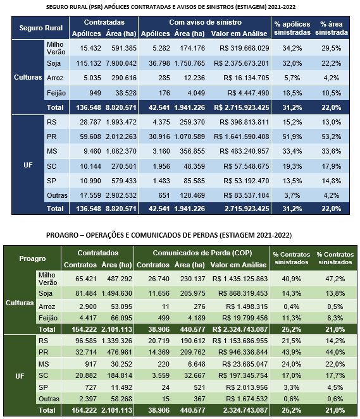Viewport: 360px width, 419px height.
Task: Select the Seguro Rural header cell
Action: coord(40,28)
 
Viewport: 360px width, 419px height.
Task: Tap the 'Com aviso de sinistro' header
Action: coord(205,22)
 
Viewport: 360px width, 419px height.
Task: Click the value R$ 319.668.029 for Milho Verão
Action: coord(244,48)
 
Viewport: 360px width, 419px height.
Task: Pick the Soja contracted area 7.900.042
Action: coord(121,63)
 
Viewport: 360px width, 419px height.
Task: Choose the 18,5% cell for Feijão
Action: coord(292,93)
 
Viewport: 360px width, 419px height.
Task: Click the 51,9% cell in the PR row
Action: coord(292,137)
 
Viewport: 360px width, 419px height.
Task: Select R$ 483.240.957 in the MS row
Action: coord(244,151)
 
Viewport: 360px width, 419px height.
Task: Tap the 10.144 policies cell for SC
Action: coord(90,166)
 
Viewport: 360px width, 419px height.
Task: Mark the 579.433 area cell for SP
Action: coord(124,181)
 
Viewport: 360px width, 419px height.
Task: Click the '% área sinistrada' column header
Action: coord(332,28)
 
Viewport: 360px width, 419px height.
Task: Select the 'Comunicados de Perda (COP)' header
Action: coord(202,253)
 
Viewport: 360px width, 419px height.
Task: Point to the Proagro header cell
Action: coord(32,258)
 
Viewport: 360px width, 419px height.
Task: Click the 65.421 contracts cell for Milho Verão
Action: coord(86,279)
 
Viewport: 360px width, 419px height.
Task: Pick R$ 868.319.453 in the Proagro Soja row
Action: coord(242,293)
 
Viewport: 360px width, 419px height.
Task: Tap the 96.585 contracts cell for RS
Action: coord(86,341)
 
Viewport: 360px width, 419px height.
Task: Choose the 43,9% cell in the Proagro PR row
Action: coord(291,352)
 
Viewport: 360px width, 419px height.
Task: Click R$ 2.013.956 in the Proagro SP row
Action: coord(247,387)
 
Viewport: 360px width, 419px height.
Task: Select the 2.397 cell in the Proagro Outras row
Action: coord(88,399)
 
